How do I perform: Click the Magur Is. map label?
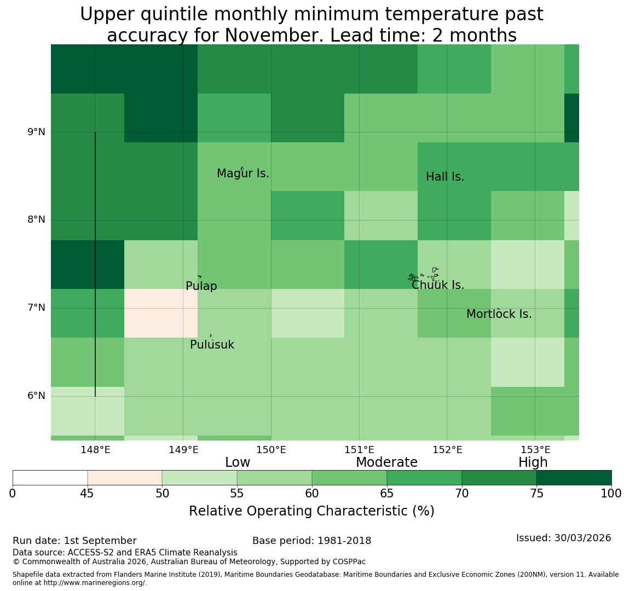pos(242,173)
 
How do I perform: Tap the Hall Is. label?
pos(445,177)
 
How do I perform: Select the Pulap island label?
pos(201,286)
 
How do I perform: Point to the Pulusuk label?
pos(212,345)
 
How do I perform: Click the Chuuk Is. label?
pos(438,285)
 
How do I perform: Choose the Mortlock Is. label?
pos(499,314)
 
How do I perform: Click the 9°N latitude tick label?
pos(36,132)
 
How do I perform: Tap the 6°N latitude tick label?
pos(36,396)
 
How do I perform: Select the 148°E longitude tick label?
pos(95,450)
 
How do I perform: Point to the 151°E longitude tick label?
pos(360,450)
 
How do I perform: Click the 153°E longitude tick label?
pos(536,450)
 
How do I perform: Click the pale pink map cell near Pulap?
pos(161,313)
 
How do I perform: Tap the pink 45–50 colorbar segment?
pos(125,478)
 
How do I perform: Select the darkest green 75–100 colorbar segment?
pos(574,478)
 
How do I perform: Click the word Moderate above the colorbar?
pos(386,462)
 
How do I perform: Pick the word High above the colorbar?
pos(533,462)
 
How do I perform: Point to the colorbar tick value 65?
pos(387,494)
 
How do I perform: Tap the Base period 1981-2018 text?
pos(311,541)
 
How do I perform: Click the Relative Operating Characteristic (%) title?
pos(311,511)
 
